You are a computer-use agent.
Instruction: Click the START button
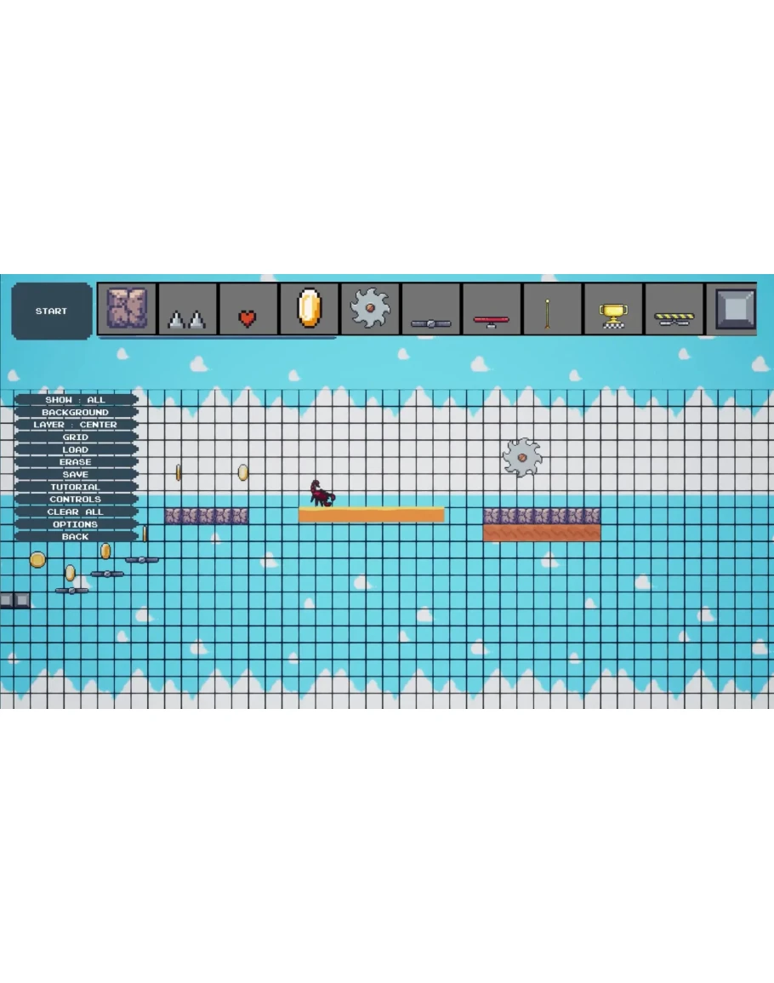click(51, 311)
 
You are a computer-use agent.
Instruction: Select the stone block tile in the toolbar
click(127, 308)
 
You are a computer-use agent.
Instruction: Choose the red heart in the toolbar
click(248, 318)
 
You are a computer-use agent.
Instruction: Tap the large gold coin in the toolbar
click(309, 308)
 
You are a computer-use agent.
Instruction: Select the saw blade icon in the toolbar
click(370, 308)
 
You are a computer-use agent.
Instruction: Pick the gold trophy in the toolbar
click(613, 316)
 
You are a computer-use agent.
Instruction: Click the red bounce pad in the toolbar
click(492, 322)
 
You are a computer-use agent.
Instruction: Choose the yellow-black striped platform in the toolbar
click(674, 319)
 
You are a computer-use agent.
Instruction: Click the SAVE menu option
click(75, 475)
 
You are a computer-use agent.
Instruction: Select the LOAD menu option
click(75, 449)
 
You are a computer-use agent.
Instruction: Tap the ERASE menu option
click(75, 462)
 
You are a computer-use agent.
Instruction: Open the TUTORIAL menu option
click(75, 487)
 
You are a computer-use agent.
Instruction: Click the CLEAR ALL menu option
click(75, 512)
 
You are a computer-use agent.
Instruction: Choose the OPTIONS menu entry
click(75, 524)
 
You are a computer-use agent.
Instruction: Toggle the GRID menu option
click(75, 437)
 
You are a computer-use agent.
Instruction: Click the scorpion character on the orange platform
click(322, 494)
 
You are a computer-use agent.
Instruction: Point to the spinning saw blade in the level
click(522, 458)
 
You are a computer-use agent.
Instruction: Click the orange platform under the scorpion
click(372, 515)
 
